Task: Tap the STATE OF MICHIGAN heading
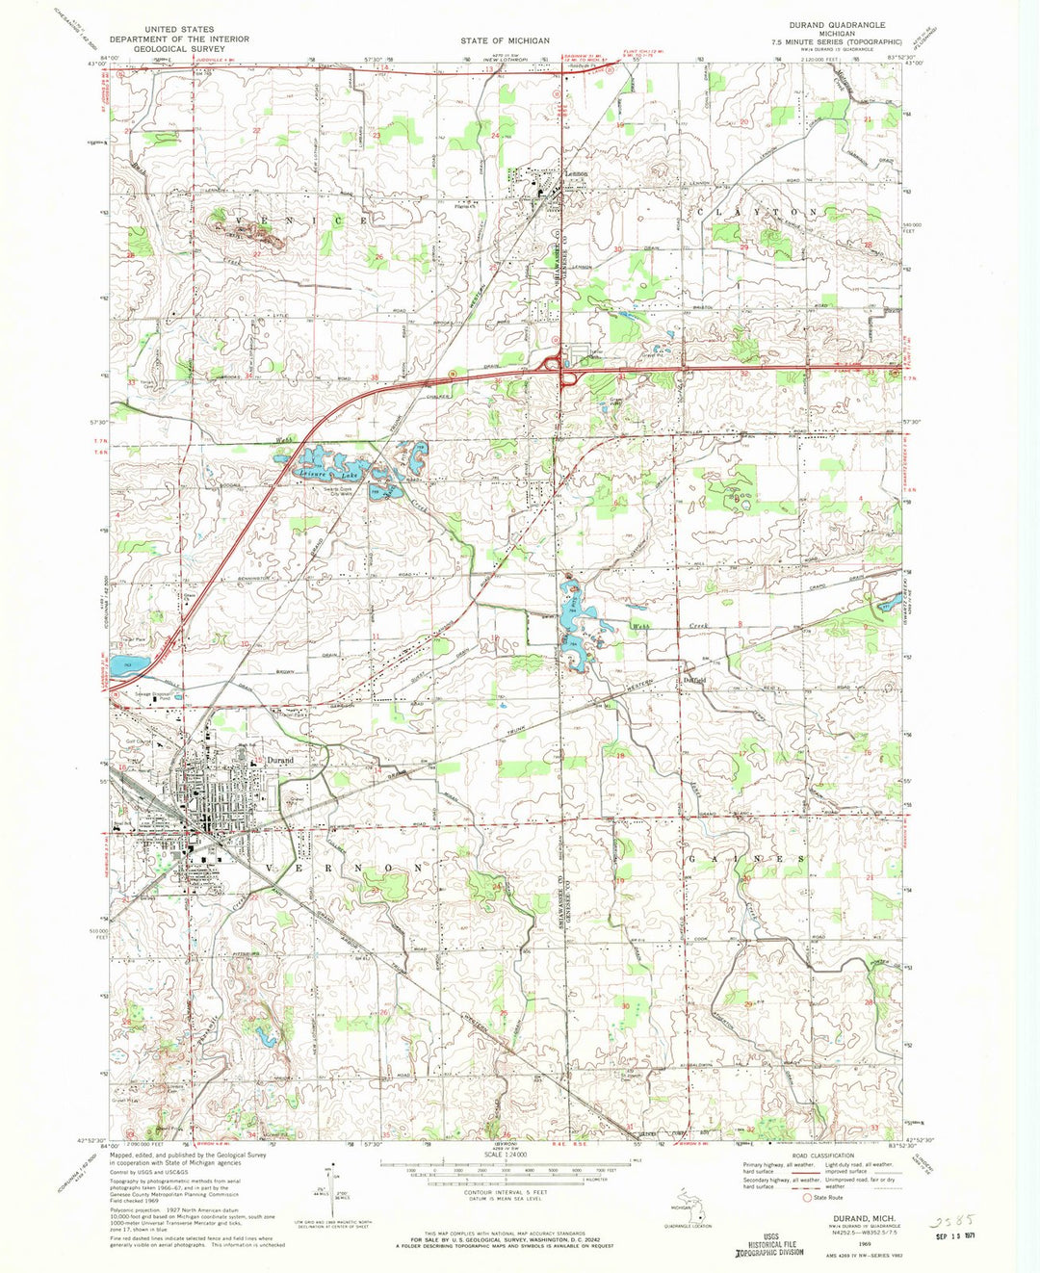coord(505,40)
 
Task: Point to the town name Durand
coord(280,761)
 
